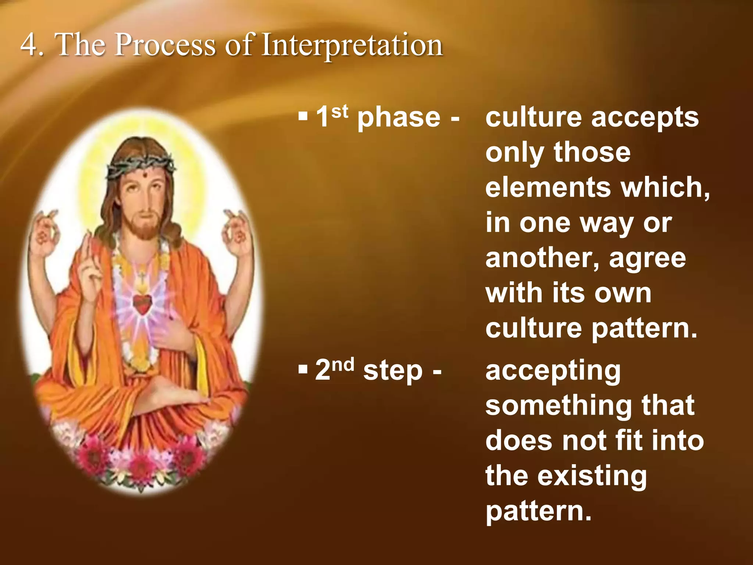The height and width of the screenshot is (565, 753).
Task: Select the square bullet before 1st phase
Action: point(303,118)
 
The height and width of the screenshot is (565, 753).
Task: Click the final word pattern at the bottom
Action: point(538,511)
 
